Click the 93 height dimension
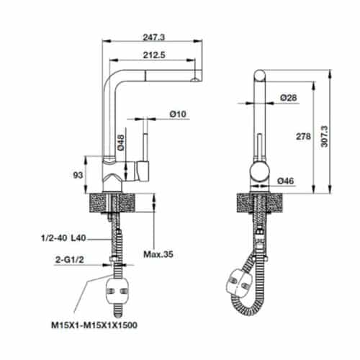pos(78,174)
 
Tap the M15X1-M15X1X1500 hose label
pos(95,325)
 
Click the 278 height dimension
pos(302,135)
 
